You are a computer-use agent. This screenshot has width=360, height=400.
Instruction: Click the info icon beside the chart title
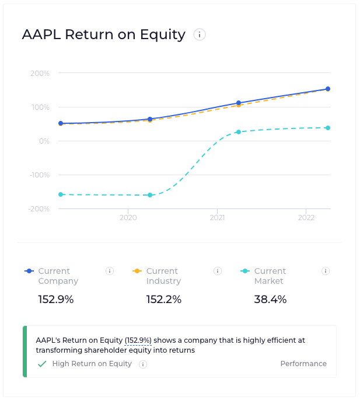point(200,35)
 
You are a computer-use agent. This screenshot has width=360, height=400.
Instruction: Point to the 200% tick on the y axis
point(40,74)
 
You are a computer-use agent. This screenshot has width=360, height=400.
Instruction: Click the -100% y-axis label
point(39,175)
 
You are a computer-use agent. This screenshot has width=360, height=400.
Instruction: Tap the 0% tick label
point(44,141)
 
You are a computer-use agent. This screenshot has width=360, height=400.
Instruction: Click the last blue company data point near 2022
point(328,89)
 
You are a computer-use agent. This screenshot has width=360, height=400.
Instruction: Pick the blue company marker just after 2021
point(239,103)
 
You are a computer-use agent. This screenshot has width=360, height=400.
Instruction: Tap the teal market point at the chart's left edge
point(61,194)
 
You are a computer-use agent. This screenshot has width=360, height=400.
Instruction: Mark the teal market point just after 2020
point(150,195)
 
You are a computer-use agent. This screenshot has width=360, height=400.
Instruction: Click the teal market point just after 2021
point(239,132)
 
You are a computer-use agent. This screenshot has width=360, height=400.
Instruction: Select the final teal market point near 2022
point(328,128)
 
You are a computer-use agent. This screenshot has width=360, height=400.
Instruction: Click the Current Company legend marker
point(29,271)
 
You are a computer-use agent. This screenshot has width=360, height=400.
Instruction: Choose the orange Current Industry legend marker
point(137,271)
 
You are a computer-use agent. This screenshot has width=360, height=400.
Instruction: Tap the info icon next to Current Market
point(326,271)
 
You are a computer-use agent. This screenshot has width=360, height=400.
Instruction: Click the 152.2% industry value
point(163,300)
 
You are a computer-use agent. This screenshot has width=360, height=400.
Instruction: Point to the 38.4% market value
point(270,300)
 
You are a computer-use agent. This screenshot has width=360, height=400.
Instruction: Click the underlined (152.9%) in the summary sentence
point(138,340)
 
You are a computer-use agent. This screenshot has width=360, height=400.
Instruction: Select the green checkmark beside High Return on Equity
point(42,364)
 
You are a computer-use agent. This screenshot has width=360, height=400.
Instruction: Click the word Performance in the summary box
point(303,364)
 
